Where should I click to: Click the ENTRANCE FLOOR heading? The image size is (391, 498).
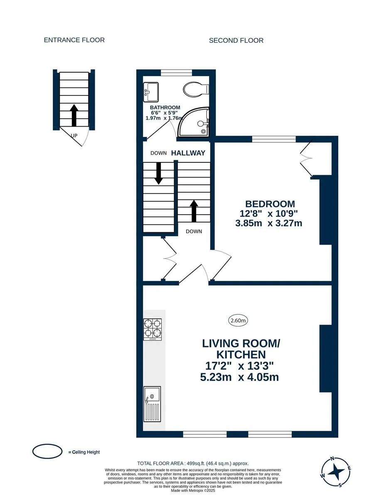(x=74, y=40)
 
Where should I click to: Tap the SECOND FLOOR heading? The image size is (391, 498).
(x=236, y=41)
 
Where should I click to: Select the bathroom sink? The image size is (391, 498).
(x=151, y=92)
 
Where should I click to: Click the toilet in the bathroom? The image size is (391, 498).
(x=196, y=89)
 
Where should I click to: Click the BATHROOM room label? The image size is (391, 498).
(x=165, y=107)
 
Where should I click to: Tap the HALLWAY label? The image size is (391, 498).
(x=188, y=153)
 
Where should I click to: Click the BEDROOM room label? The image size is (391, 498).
(x=270, y=204)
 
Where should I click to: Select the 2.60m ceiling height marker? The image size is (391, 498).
(x=238, y=320)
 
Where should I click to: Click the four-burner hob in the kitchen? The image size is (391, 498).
(x=153, y=330)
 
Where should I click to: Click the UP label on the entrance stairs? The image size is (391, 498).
(x=74, y=136)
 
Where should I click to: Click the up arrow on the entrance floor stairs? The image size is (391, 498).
(x=74, y=115)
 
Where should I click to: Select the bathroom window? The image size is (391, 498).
(x=176, y=73)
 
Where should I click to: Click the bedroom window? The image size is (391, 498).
(x=274, y=139)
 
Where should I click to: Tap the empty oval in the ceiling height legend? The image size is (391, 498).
(x=47, y=452)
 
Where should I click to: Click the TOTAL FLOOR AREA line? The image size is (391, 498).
(x=193, y=464)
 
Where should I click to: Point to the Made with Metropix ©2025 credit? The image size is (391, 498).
(x=193, y=491)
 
